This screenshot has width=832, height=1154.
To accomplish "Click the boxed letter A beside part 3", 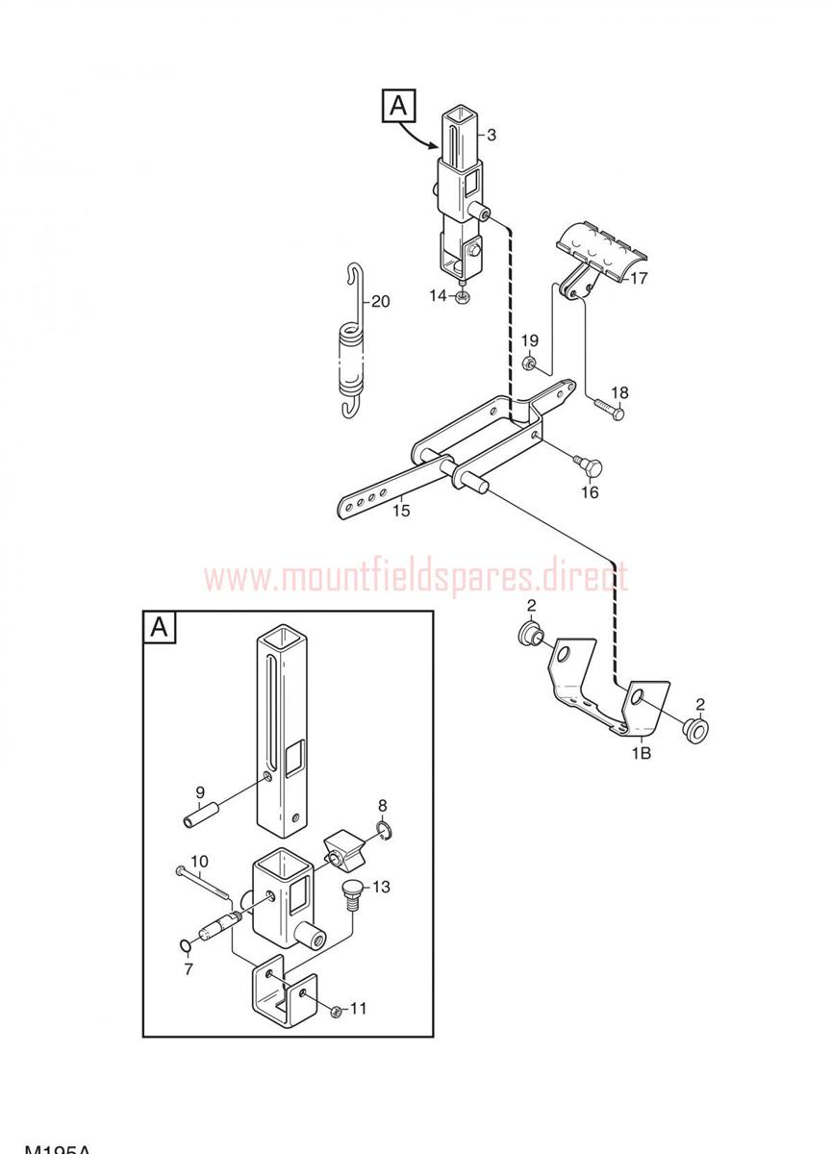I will click(400, 106).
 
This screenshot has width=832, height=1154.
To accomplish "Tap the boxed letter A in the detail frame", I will click(160, 628).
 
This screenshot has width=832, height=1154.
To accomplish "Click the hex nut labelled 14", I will click(463, 297).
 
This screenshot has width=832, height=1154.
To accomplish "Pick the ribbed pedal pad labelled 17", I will click(599, 247).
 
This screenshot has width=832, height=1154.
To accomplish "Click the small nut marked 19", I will click(528, 364).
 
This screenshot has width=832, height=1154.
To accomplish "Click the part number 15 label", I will click(401, 511).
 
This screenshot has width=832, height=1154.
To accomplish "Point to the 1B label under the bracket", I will click(641, 753).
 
